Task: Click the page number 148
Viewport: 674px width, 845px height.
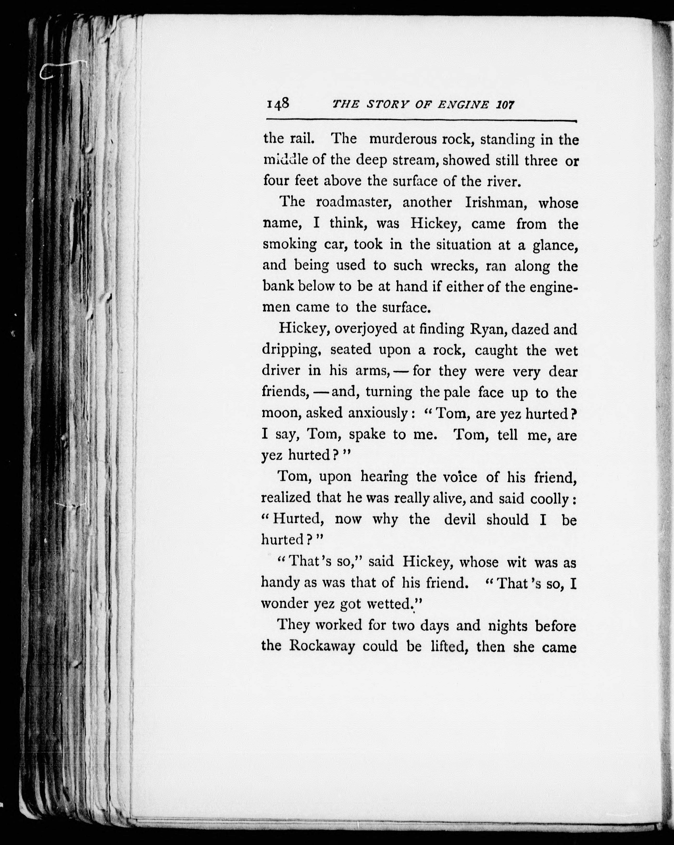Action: coord(278,104)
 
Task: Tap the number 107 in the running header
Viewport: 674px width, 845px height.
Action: coord(505,105)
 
